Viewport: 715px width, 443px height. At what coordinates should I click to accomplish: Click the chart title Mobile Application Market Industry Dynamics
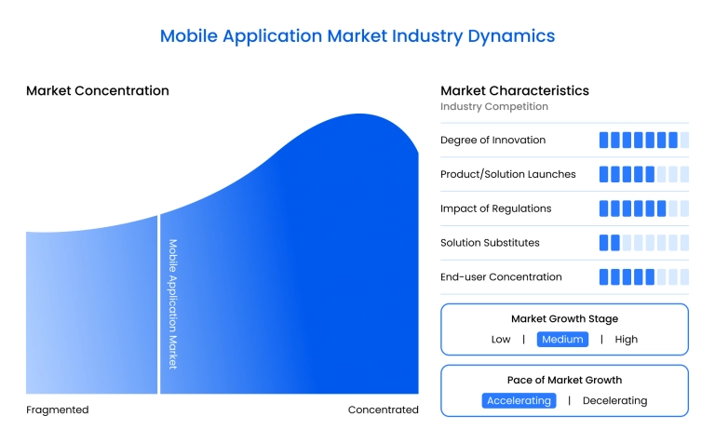357,36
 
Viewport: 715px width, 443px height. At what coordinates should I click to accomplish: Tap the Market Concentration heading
98,91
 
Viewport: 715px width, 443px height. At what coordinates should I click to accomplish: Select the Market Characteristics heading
514,91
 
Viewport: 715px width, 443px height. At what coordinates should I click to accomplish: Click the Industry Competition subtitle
494,107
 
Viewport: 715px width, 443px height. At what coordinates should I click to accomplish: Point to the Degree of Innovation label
492,140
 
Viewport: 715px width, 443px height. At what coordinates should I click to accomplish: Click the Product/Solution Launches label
507,174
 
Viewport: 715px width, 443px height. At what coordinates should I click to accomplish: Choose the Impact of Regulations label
495,208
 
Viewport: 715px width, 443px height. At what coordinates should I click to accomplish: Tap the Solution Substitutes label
490,243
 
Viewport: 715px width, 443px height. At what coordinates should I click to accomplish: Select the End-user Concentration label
501,277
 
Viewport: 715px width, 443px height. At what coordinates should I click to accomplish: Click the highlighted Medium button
562,340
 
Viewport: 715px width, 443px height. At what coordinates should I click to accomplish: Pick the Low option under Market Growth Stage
501,340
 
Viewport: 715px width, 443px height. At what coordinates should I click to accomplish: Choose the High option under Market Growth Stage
627,340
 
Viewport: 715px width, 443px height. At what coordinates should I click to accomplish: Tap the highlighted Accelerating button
519,401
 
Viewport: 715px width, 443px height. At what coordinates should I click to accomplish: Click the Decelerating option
614,401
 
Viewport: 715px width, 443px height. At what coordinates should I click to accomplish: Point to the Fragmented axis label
58,409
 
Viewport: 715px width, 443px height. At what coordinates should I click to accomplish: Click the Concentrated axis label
383,409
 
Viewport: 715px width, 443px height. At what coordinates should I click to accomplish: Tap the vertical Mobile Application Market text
172,304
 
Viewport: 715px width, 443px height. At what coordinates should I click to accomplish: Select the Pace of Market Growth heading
564,380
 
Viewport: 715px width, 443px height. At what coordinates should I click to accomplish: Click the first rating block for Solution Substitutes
603,243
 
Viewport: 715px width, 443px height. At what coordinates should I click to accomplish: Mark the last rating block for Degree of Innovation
684,140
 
